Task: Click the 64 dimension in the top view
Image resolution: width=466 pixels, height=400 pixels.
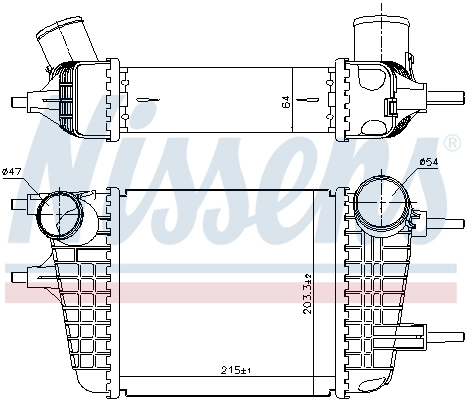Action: point(287,100)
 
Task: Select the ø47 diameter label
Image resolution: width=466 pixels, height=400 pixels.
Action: point(13,172)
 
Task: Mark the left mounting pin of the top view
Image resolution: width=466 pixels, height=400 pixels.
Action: point(17,100)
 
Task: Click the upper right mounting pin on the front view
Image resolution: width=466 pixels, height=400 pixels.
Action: point(437,219)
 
